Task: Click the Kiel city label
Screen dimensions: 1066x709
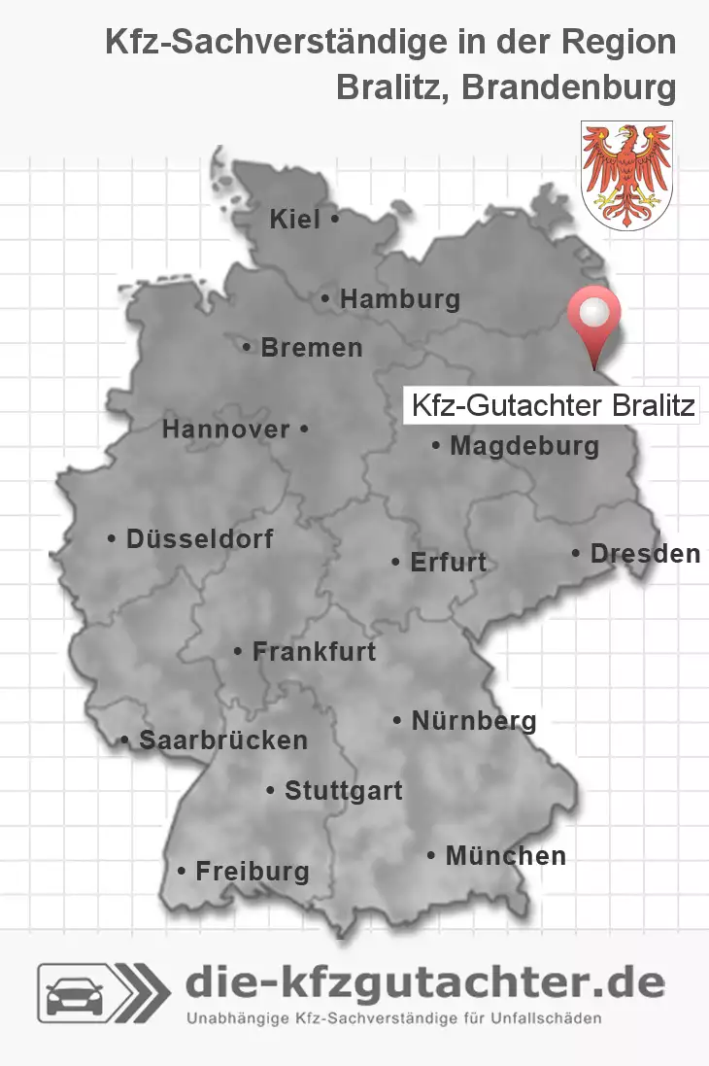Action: (294, 221)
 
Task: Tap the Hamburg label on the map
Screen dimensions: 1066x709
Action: (399, 299)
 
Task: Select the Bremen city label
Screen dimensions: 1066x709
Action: (311, 347)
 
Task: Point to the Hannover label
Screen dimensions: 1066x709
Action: (225, 430)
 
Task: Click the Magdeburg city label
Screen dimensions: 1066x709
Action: (524, 447)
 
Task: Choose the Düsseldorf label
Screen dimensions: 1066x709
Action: (199, 538)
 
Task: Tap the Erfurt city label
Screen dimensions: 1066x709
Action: (448, 563)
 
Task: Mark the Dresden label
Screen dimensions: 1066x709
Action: (645, 554)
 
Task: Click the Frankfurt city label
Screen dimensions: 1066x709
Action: (314, 651)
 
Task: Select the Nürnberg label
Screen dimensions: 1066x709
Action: (473, 721)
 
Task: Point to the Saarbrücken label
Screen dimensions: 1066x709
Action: (222, 740)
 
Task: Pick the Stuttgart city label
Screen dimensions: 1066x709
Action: (343, 791)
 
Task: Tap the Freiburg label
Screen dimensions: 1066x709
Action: (252, 872)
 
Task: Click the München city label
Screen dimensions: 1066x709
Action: (505, 856)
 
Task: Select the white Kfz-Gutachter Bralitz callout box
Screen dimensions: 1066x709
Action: (553, 405)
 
